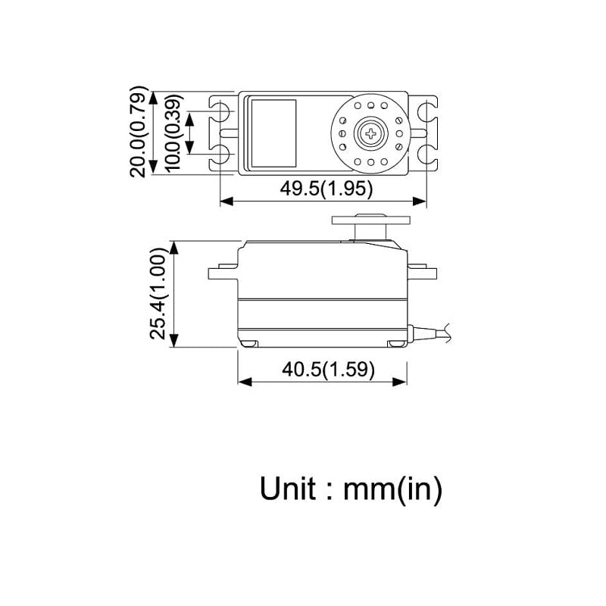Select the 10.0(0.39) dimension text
pos(173,134)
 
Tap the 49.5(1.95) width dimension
pos(326,189)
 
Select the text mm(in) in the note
pos(392,489)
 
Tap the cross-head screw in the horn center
pos(370,134)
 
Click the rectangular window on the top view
pos(273,133)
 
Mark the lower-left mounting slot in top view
pos(222,155)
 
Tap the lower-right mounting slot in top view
pos(423,155)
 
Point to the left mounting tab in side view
pos(223,272)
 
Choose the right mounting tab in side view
pos(421,272)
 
